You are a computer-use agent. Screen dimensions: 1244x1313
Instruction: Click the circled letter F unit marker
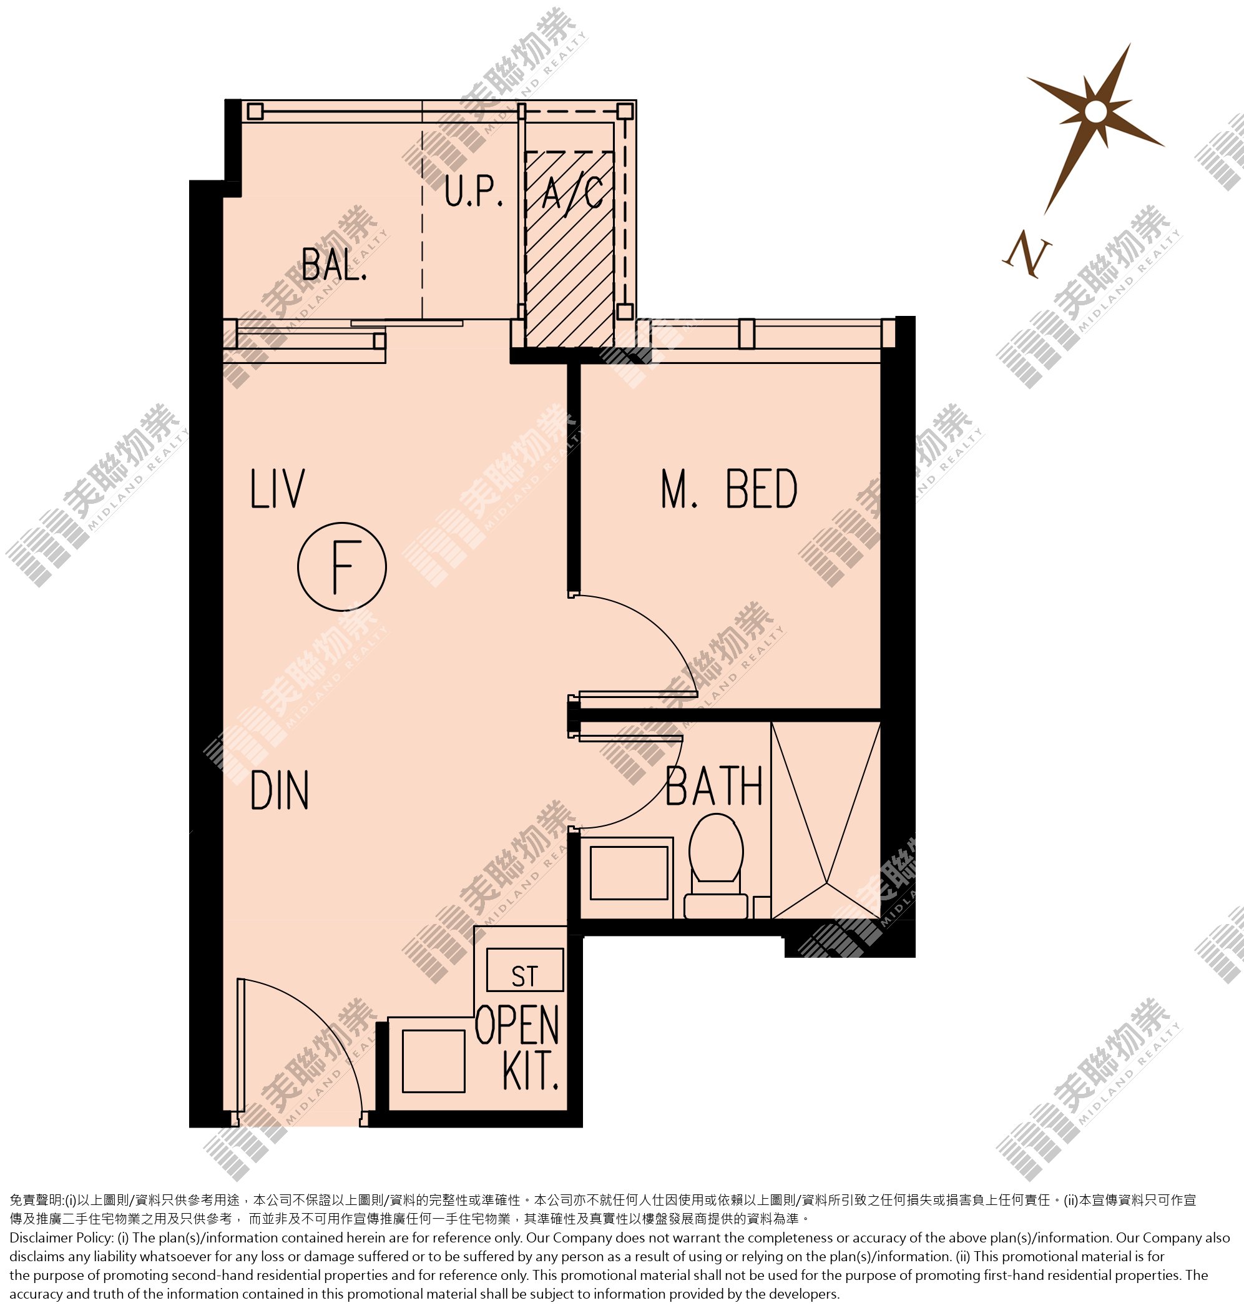click(x=341, y=567)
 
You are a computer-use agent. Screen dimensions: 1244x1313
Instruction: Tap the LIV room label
click(x=277, y=489)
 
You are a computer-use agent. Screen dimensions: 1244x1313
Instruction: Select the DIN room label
click(x=279, y=791)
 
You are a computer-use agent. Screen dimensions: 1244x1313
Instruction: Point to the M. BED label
click(x=729, y=489)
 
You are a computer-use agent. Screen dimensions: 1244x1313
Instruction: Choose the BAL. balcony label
click(x=334, y=264)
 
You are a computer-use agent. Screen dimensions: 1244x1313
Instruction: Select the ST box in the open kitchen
click(x=524, y=970)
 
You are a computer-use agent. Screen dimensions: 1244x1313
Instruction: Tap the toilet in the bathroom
click(x=716, y=866)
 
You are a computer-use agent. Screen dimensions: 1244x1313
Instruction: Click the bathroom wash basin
click(x=628, y=873)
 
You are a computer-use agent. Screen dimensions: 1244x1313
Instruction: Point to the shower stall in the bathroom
click(x=826, y=821)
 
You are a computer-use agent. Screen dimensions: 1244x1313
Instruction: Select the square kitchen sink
click(x=434, y=1061)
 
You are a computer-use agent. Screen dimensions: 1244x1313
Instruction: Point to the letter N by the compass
click(x=1027, y=253)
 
